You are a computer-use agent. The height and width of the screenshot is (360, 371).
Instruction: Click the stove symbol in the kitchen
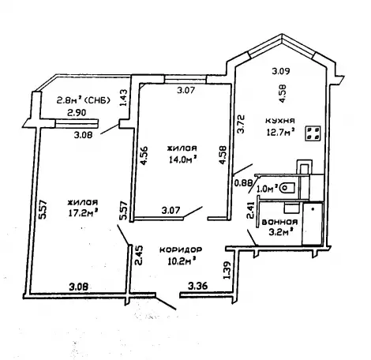coord(313,133)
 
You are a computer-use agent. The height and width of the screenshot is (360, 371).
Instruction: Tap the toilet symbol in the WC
coord(287,188)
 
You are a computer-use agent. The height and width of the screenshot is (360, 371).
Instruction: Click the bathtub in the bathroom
coord(313,223)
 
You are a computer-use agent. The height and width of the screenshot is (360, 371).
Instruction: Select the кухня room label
coord(279,121)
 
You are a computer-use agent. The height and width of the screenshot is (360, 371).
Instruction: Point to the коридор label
coord(181,249)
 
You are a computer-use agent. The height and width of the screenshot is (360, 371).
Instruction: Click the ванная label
coord(279,222)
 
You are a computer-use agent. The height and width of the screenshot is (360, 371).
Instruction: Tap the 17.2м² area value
coord(83,212)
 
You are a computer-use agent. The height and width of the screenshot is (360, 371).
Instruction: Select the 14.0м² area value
coord(183,159)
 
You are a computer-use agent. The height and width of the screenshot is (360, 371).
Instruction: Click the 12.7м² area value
coord(280,131)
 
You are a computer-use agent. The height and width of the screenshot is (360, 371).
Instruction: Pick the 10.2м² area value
coord(182,261)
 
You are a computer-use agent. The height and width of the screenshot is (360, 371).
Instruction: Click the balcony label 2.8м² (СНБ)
coord(83,100)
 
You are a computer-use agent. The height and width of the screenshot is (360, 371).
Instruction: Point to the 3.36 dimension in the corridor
coord(198,285)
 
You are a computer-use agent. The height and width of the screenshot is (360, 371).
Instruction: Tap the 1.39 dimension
coord(227,270)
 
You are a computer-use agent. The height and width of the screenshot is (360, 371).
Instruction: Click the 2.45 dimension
coord(138,255)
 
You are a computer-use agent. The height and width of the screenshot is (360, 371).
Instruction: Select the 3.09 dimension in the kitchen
coord(281,71)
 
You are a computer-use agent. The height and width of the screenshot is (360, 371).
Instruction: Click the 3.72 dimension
coord(241,124)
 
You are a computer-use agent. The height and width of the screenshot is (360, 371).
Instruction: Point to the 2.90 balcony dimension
coord(77,113)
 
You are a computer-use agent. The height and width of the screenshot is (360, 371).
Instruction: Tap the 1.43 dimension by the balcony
coord(123,98)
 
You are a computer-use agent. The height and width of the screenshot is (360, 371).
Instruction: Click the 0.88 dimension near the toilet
coord(243,182)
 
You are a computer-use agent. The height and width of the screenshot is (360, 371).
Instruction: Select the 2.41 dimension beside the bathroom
coord(251,210)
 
